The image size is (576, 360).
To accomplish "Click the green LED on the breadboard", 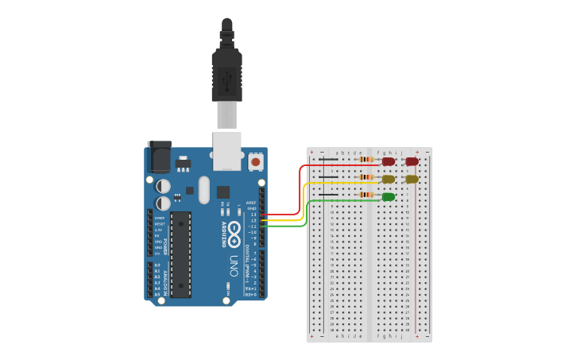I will click(389, 196).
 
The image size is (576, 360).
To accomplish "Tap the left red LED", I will click(389, 161).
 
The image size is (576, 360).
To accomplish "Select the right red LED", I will click(412, 161).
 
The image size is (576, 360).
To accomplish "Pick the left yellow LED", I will click(389, 179).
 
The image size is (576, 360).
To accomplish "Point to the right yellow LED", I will click(412, 179).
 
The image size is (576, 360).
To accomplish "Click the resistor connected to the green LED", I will click(366, 194).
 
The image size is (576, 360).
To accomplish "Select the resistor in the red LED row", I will click(366, 159).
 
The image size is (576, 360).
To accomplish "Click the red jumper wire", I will click(300, 191).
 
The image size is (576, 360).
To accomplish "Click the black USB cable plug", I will click(226, 75).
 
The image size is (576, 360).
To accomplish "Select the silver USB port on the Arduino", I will click(227, 151).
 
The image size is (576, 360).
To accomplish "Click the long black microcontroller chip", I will click(181, 254).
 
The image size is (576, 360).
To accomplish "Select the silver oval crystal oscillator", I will click(204, 190).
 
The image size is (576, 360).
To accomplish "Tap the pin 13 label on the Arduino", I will click(253, 215).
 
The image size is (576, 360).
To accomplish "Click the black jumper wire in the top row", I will click(327, 159).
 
